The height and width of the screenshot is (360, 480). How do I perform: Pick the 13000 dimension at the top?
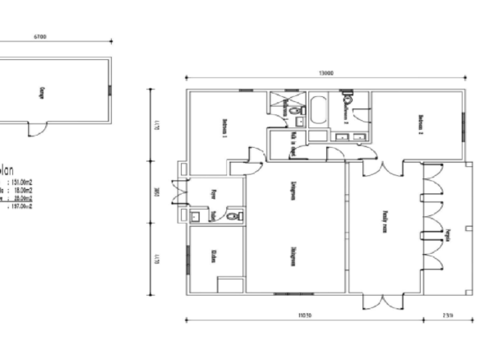[326, 74]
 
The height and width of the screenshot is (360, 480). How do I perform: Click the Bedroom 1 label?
[224, 129]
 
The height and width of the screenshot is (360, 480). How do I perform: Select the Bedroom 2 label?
[421, 124]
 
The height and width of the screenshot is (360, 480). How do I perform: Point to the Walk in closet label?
[293, 145]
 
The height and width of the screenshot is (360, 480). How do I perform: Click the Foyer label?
[214, 195]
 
